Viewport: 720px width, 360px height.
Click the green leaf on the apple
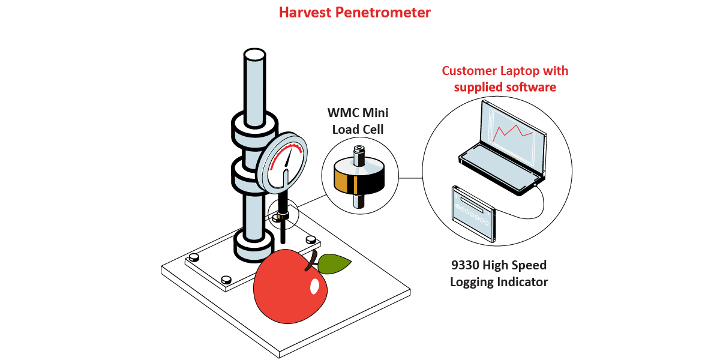(x=334, y=262)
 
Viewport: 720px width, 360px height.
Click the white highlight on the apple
(x=314, y=286)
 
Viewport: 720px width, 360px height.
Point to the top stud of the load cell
(x=359, y=154)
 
